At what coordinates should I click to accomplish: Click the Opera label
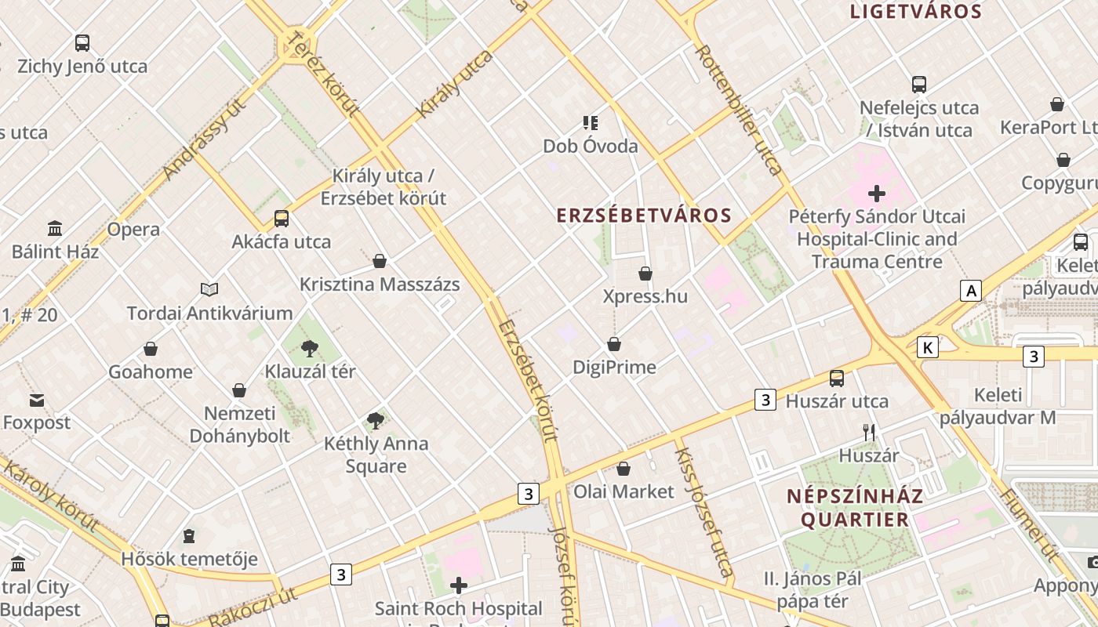(x=133, y=230)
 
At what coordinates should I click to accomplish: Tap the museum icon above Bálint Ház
(x=55, y=229)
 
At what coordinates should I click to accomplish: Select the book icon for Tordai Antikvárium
(x=209, y=290)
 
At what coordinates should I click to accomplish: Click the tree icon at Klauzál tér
(x=310, y=348)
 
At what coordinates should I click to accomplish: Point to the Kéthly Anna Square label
(x=376, y=455)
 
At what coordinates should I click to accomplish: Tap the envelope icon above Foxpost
(x=37, y=400)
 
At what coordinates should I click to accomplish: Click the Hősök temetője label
(x=189, y=559)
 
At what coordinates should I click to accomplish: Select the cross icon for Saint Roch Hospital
(x=459, y=585)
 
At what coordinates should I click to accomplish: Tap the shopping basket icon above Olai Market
(x=624, y=469)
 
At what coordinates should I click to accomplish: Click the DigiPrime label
(x=614, y=367)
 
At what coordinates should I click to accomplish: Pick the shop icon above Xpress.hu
(x=645, y=274)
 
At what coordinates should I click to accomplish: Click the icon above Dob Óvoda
(x=591, y=122)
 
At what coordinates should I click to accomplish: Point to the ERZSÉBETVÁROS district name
(x=644, y=216)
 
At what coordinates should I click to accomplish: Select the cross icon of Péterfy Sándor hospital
(x=877, y=193)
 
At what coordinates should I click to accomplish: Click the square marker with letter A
(x=971, y=291)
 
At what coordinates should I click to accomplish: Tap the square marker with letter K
(x=927, y=347)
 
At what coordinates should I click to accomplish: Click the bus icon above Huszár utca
(x=837, y=379)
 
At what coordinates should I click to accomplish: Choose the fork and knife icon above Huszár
(x=869, y=432)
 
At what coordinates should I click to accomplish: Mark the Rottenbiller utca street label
(x=738, y=110)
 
